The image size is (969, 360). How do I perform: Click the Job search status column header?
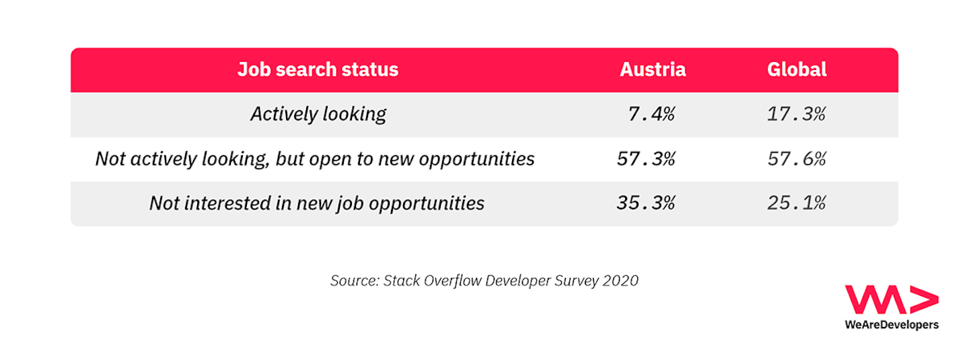coord(318,70)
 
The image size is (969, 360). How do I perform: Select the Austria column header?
coord(652,70)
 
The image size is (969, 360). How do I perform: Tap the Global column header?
coord(797,70)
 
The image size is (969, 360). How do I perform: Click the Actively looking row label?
coord(318,114)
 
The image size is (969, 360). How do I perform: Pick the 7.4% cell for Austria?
coord(651,114)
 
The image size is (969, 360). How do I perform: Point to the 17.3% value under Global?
coord(796,114)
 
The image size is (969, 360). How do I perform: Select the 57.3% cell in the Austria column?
coord(646,159)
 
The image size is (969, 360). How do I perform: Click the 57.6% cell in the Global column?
coord(796,159)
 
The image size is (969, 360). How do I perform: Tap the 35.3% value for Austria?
coord(646,203)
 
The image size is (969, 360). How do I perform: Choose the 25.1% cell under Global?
coord(796,203)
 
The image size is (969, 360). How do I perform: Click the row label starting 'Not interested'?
coord(317,203)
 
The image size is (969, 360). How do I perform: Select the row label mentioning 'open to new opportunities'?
coord(315,159)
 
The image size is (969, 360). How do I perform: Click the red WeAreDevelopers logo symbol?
coord(891,300)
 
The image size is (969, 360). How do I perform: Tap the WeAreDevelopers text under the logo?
coord(891,325)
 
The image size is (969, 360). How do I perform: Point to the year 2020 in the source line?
coord(620,281)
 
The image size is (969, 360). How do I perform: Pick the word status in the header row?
coord(368,70)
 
